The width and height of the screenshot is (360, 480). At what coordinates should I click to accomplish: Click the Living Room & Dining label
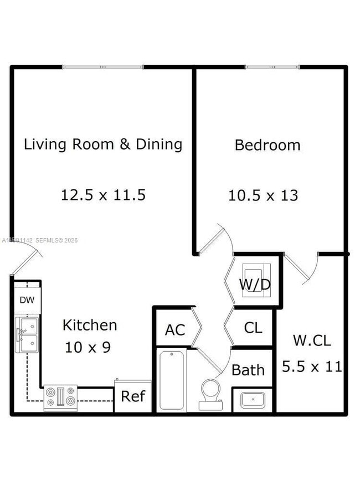103,144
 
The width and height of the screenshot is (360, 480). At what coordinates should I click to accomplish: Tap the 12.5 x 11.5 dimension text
103,195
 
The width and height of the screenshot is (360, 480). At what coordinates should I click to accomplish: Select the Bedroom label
268,145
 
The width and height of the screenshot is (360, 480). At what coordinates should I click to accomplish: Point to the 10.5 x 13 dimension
263,195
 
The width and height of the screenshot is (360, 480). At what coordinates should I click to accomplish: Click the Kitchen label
89,325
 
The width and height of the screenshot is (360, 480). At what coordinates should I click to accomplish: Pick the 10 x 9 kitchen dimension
88,347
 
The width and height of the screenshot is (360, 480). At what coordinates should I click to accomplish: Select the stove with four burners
61,398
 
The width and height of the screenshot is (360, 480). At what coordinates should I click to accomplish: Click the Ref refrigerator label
133,396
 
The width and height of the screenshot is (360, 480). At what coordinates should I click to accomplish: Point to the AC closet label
174,329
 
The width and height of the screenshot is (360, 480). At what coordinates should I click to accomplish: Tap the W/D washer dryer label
255,285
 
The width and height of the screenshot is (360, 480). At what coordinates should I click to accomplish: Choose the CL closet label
253,327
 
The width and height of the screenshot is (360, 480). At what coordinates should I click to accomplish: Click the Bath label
248,370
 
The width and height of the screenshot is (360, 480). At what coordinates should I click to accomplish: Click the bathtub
172,380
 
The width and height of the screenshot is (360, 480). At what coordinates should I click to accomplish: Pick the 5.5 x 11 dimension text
312,366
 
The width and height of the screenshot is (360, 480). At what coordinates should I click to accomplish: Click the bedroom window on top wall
272,68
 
